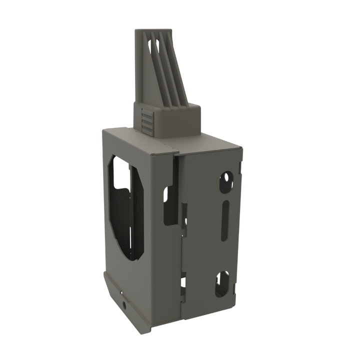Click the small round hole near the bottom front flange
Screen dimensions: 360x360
[x=123, y=303]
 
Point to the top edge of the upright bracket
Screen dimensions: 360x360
[x=152, y=29]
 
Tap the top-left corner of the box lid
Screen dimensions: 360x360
[x=103, y=129]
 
